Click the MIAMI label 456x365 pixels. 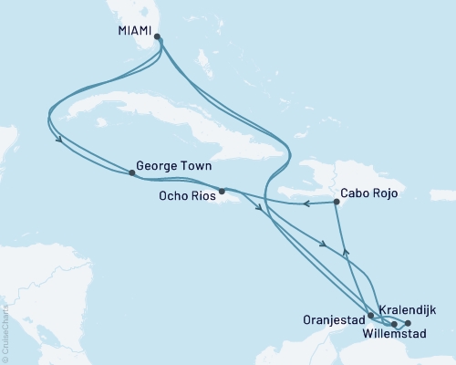134,29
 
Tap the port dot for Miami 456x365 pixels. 158,37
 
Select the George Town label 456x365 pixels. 173,168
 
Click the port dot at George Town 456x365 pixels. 133,172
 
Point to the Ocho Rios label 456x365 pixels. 183,194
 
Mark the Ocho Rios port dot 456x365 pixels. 222,192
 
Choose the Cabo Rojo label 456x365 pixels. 371,193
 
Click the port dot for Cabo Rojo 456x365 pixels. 337,203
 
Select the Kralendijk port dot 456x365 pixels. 408,324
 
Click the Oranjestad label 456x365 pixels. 333,319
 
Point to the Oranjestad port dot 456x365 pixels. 370,317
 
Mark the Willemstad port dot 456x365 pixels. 394,324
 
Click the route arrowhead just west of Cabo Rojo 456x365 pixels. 306,204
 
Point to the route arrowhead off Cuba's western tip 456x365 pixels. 59,141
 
